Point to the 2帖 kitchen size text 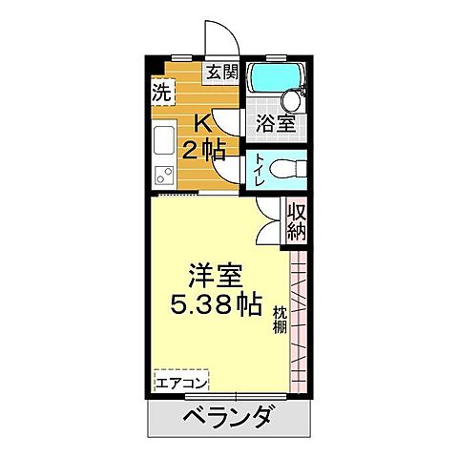pyautogui.click(x=202, y=150)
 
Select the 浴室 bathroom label pyautogui.click(x=275, y=121)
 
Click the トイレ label pyautogui.click(x=260, y=170)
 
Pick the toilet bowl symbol pyautogui.click(x=286, y=169)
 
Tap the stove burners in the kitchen pyautogui.click(x=161, y=175)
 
